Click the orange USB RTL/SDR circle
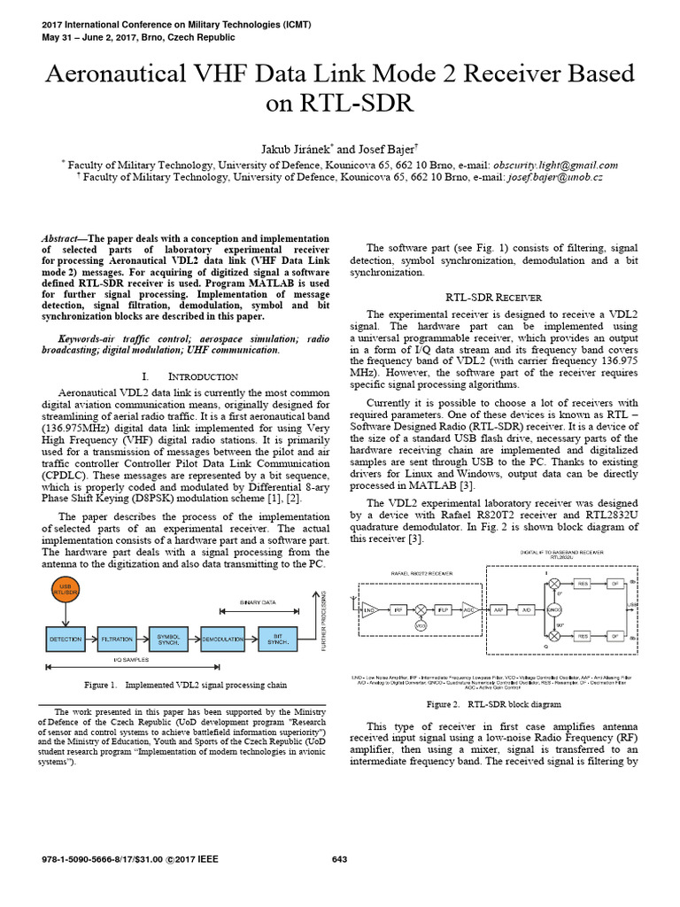[65, 587]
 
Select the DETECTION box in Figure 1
[65, 637]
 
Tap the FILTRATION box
[119, 637]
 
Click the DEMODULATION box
[222, 637]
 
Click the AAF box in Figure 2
[498, 611]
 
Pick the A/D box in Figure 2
[525, 611]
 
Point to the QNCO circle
[555, 611]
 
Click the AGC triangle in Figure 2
[469, 611]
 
